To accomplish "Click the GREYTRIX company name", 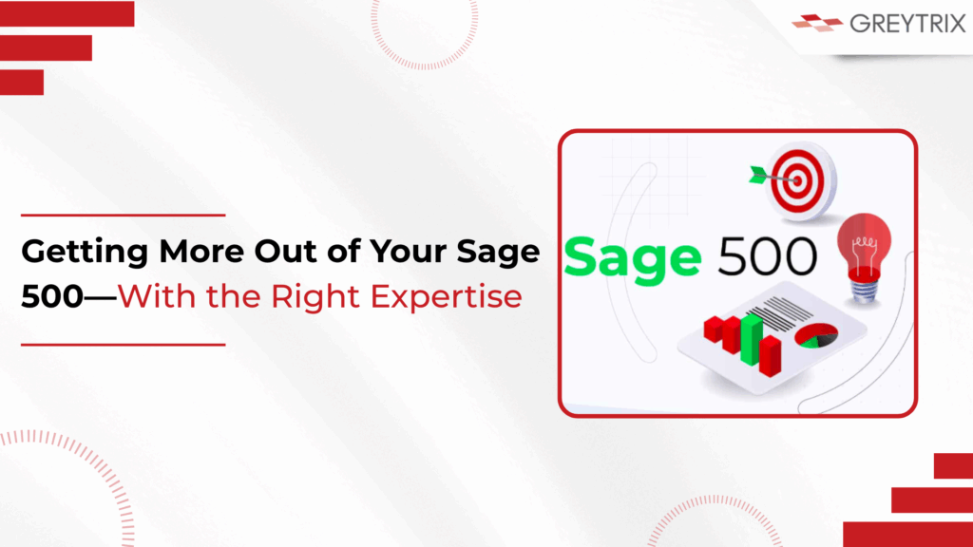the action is [907, 24].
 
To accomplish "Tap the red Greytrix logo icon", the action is [817, 23].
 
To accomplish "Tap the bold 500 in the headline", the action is [52, 296].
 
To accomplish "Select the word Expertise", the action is [447, 297].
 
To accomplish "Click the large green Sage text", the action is [632, 259].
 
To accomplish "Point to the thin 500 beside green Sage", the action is [768, 255].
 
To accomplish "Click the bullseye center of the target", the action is [798, 181].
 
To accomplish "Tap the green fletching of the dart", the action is [759, 175].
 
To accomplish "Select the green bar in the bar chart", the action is [752, 339].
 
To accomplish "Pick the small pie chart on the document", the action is [816, 335].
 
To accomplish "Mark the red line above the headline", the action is [123, 216].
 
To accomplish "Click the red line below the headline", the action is [123, 344].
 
